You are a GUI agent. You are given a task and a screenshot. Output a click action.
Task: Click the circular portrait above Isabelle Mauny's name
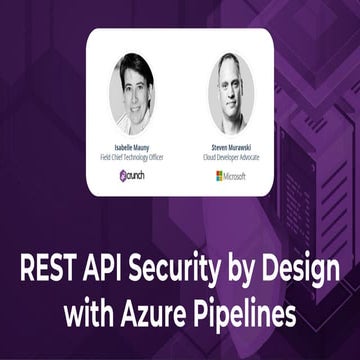(x=132, y=93)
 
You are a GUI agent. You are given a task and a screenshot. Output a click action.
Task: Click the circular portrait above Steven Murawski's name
(x=231, y=93)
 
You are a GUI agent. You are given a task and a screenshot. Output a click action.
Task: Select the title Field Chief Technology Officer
(x=132, y=155)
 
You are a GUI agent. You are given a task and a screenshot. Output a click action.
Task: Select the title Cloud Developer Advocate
(x=231, y=155)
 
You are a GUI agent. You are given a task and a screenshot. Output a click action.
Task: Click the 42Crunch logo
(x=132, y=174)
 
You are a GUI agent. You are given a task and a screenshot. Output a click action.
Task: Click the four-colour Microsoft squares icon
(x=219, y=175)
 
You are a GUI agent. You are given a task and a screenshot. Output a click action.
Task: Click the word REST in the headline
(x=49, y=270)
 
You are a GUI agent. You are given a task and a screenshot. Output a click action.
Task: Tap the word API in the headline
(x=107, y=270)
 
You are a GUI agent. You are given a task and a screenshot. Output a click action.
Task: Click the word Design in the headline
(x=303, y=271)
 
